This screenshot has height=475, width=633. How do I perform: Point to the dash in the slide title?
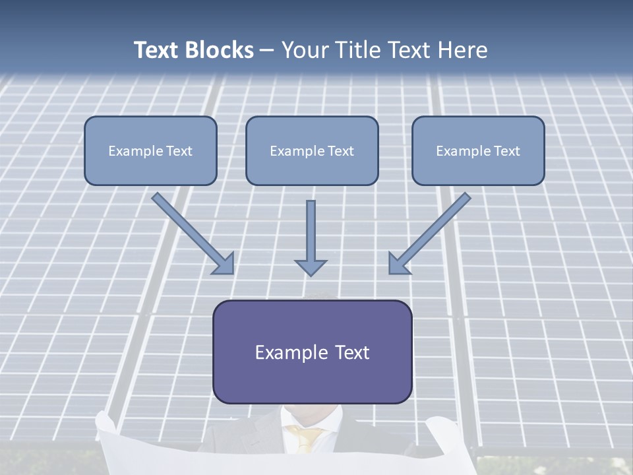point(267,51)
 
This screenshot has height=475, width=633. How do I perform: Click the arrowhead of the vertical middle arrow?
point(311,267)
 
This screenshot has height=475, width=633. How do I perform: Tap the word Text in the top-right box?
point(507,151)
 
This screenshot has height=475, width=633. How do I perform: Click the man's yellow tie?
point(305,439)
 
